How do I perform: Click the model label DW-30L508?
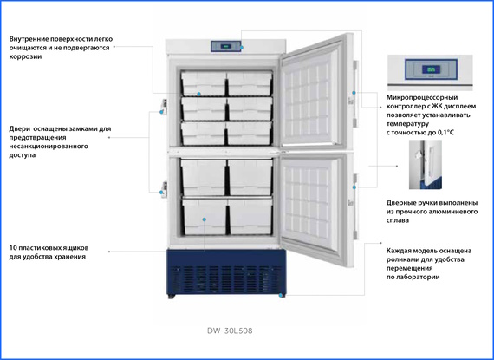click(230, 331)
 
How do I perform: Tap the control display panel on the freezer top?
click(226, 46)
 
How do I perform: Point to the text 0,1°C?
click(446, 133)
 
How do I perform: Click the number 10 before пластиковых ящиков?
click(13, 248)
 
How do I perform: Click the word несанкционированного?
click(49, 147)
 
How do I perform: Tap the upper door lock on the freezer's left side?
click(164, 107)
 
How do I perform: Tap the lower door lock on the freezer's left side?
click(164, 189)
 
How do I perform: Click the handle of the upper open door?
click(355, 94)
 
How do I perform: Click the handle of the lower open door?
click(355, 206)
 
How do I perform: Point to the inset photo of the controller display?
click(430, 73)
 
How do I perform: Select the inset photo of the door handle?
click(426, 165)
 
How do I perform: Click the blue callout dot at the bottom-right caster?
click(281, 296)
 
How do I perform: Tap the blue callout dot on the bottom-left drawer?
click(205, 219)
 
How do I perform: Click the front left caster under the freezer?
click(172, 297)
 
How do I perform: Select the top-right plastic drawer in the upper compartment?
click(250, 83)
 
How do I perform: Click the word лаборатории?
click(420, 277)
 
